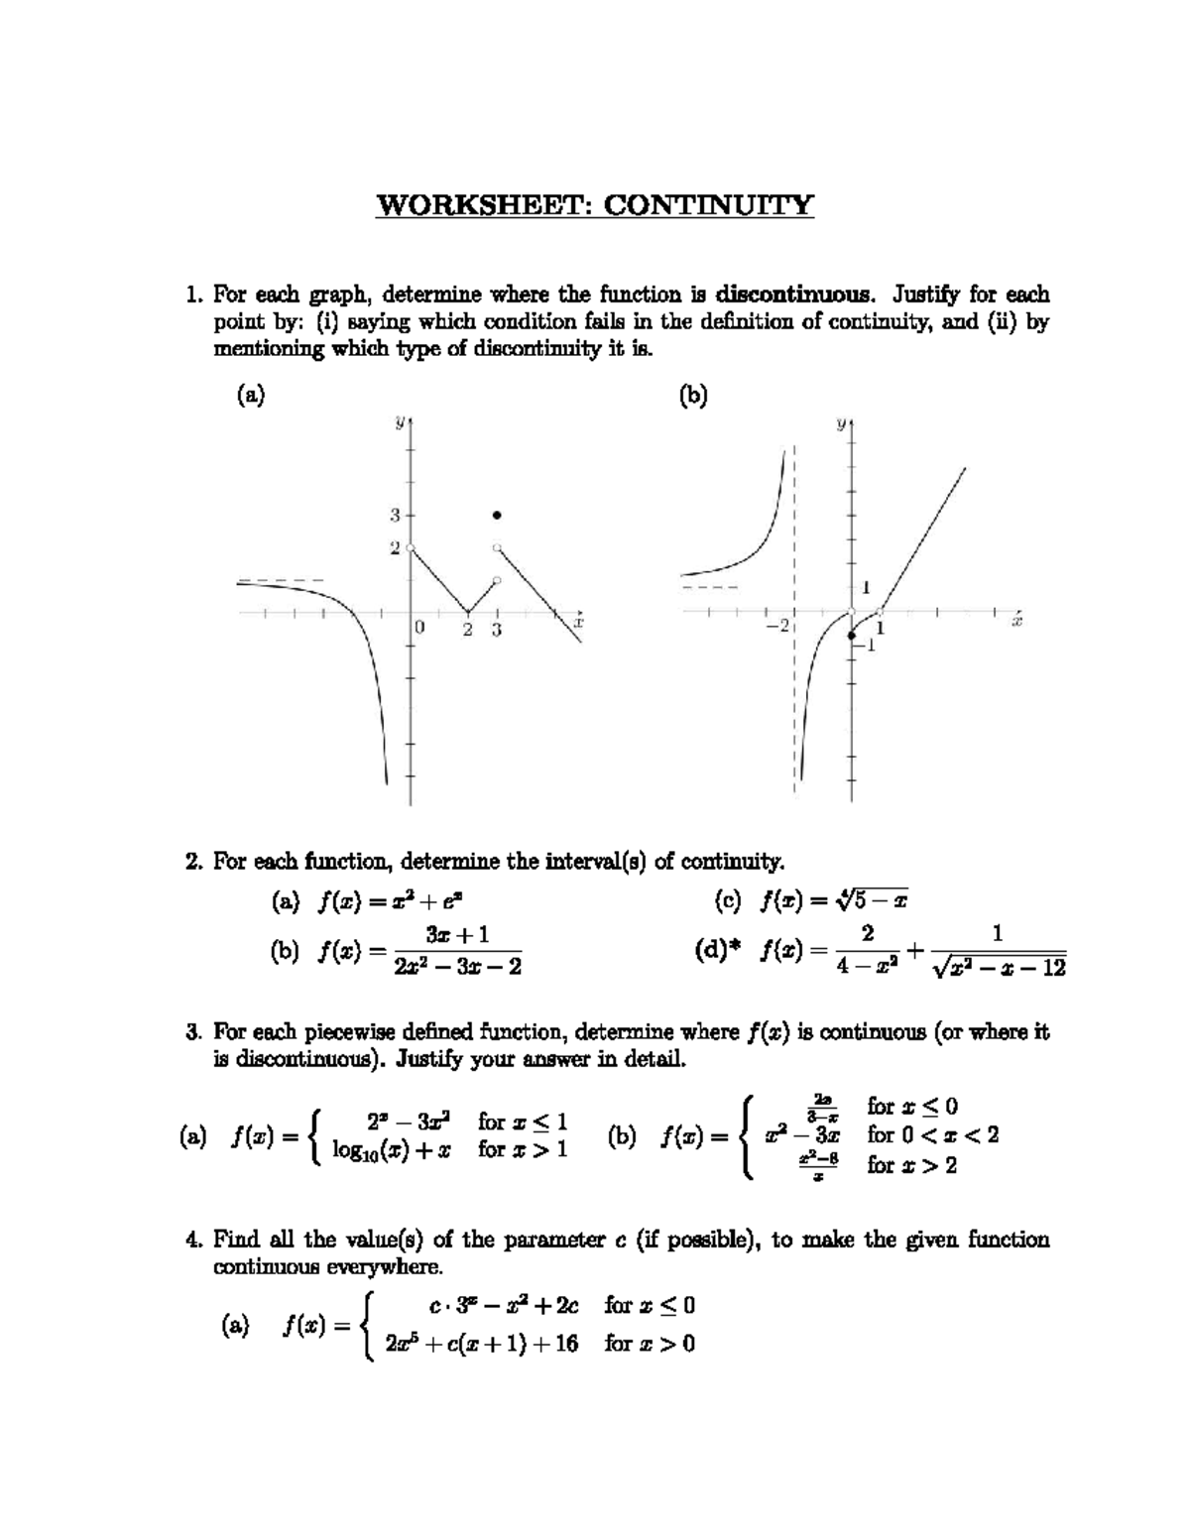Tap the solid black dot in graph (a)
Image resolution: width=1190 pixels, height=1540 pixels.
[x=497, y=515]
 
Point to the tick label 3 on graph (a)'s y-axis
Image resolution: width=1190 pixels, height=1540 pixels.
[x=394, y=515]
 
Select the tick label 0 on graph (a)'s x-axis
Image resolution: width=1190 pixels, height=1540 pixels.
[x=419, y=629]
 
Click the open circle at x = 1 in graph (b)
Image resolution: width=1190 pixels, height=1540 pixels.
[x=880, y=611]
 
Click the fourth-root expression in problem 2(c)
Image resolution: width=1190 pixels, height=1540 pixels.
[x=872, y=900]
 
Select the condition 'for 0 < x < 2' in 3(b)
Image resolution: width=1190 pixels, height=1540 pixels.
[x=932, y=1134]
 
